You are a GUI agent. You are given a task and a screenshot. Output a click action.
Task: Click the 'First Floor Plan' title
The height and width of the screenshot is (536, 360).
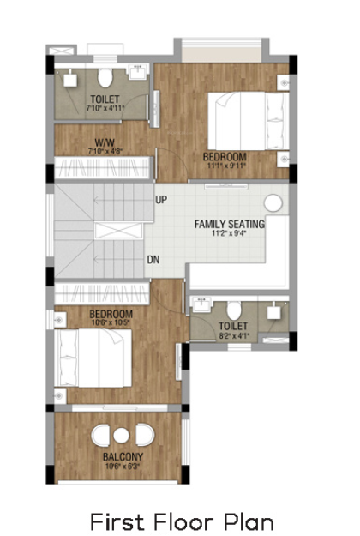pos(181,521)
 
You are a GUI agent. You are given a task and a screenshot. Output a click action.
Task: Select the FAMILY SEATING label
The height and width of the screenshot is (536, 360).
pos(230,225)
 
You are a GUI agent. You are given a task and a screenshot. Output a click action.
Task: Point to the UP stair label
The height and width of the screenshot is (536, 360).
pos(160,201)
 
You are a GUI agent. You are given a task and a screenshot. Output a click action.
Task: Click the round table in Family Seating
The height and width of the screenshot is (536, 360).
pos(273,204)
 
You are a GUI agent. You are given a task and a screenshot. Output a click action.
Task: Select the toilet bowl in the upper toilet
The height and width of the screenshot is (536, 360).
pos(105,80)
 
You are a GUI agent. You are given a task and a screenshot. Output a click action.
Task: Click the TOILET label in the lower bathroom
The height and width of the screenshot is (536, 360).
pos(233,327)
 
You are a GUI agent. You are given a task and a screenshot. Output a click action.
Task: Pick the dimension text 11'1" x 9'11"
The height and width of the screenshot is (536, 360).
pos(225,167)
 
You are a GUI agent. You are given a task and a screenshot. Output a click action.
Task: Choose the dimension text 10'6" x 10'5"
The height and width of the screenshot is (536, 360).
pos(111,324)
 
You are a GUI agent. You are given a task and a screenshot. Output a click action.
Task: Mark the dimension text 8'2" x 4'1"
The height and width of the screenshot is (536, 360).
pos(233,336)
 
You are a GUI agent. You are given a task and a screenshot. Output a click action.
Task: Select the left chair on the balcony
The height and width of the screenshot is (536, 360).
pos(101,436)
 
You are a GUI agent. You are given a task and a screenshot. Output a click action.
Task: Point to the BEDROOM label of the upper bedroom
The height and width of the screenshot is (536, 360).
pos(225,157)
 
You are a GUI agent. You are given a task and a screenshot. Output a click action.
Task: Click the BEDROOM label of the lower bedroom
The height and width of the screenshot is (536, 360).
pos(111,315)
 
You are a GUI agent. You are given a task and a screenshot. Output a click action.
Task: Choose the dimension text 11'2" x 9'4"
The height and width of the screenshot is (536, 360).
pos(230,234)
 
